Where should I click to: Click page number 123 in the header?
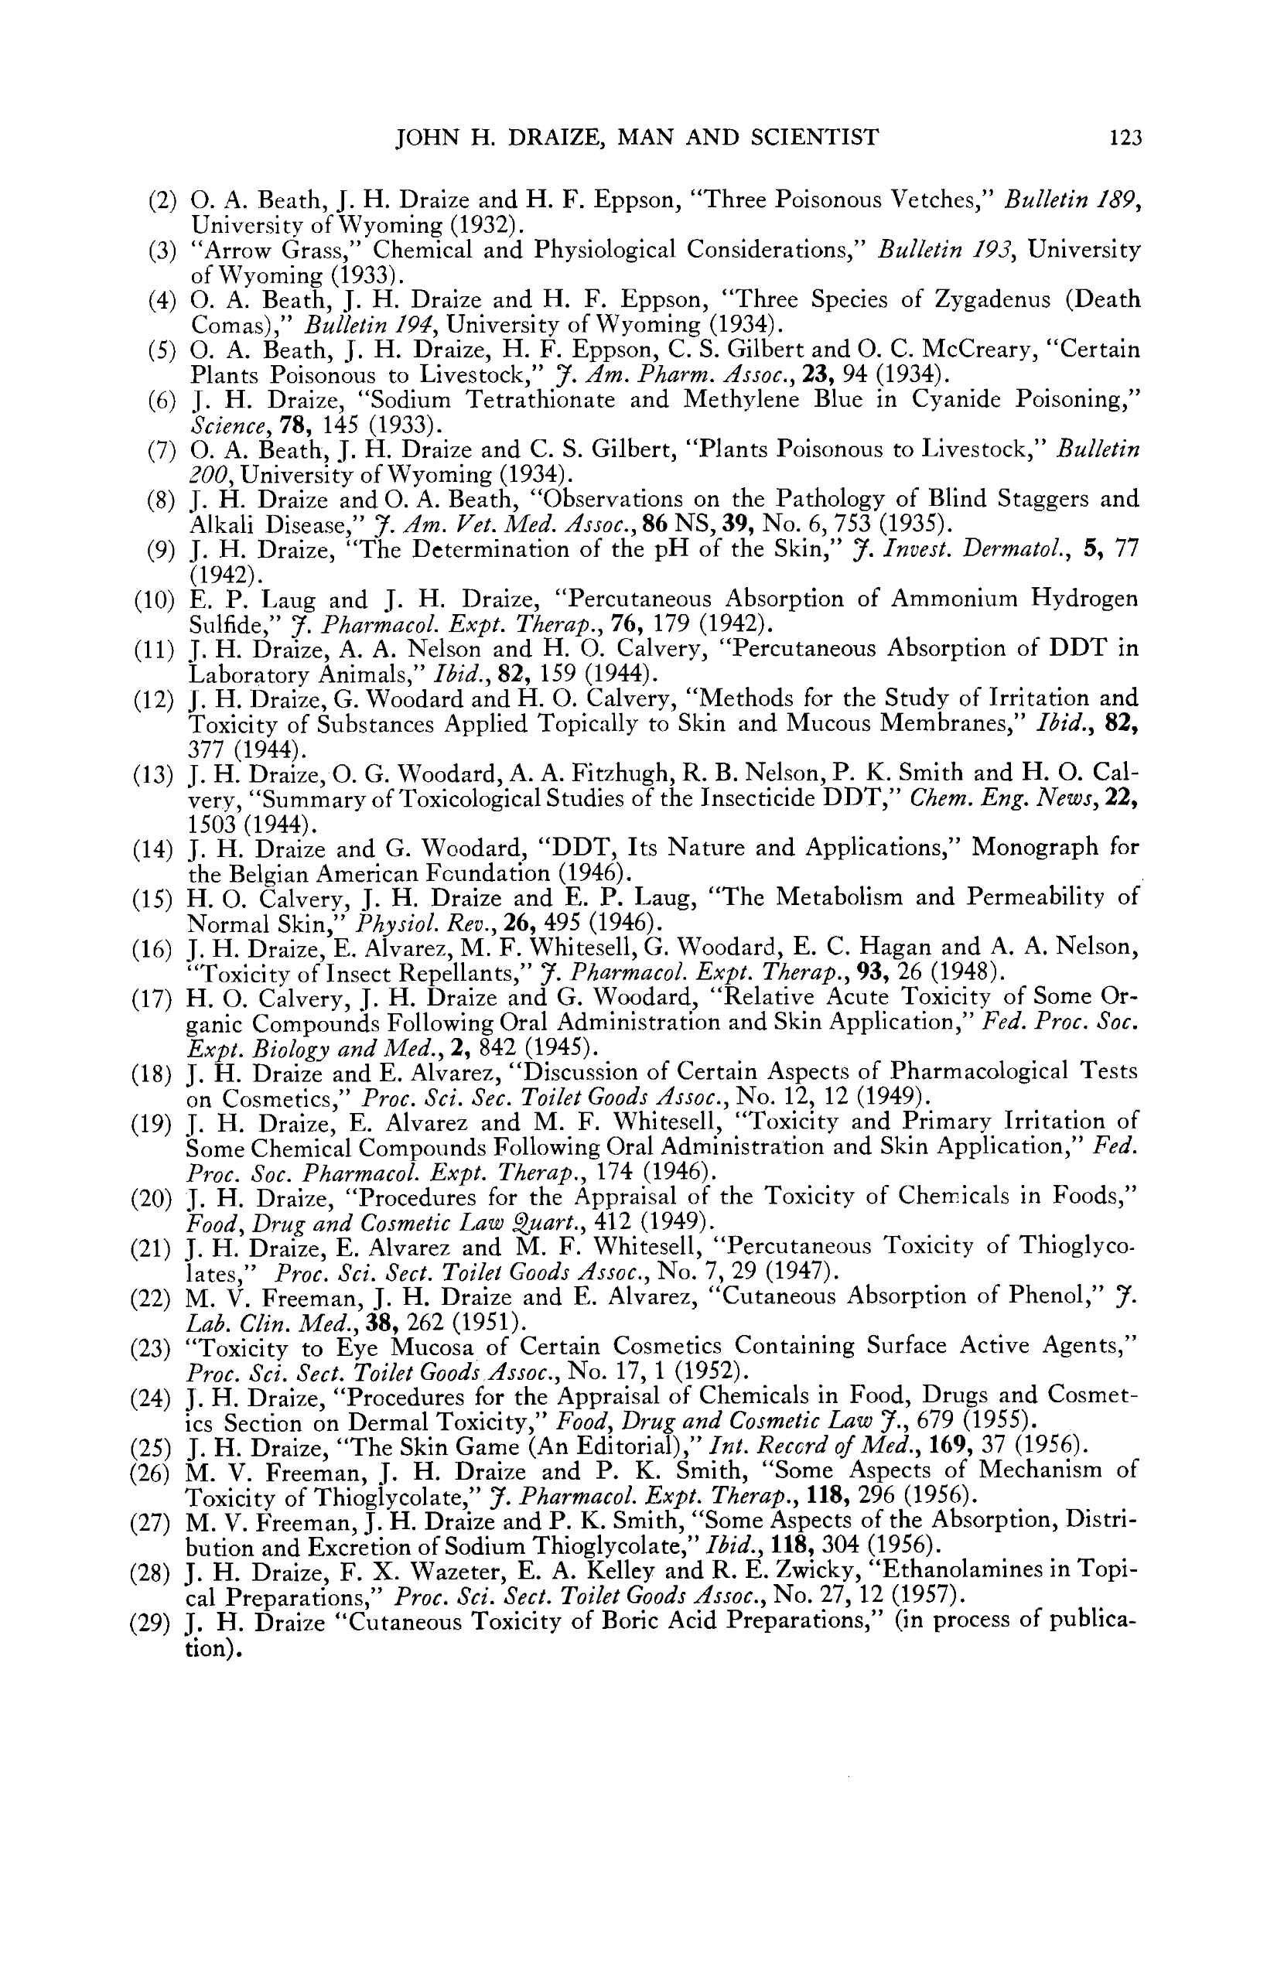[1125, 138]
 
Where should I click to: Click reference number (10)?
[155, 599]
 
